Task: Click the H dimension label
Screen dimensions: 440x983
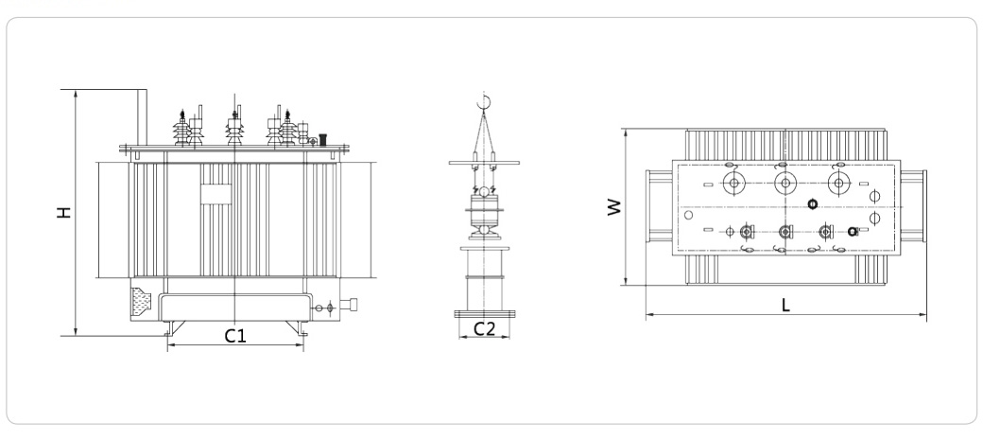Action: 63,213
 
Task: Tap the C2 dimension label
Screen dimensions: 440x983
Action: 484,328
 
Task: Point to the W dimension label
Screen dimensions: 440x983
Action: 615,207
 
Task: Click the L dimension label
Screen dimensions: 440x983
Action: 785,305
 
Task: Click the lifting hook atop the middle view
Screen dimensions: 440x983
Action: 485,101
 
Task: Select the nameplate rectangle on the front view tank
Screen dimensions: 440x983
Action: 216,193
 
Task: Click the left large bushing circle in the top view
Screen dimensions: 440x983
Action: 732,184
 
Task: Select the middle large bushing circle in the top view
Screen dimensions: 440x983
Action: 785,184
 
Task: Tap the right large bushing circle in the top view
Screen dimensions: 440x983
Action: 837,184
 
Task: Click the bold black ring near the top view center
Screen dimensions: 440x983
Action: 812,204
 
